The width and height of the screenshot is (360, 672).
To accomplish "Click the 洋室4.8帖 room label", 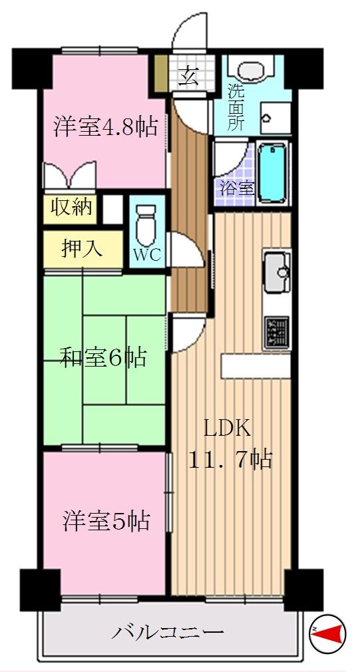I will pyautogui.click(x=106, y=126).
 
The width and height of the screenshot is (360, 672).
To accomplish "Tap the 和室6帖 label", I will pyautogui.click(x=103, y=359).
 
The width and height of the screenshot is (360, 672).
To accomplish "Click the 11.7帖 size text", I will pyautogui.click(x=230, y=459).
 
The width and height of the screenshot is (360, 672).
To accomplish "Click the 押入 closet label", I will pyautogui.click(x=82, y=248).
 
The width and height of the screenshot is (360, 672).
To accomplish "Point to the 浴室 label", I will pyautogui.click(x=237, y=188).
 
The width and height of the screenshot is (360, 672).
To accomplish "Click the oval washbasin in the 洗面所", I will pyautogui.click(x=251, y=71).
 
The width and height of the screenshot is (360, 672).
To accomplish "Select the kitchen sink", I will pyautogui.click(x=276, y=272).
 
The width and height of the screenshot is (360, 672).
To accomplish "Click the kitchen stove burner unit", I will pyautogui.click(x=277, y=331).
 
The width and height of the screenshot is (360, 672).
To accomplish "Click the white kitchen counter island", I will pyautogui.click(x=256, y=365).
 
